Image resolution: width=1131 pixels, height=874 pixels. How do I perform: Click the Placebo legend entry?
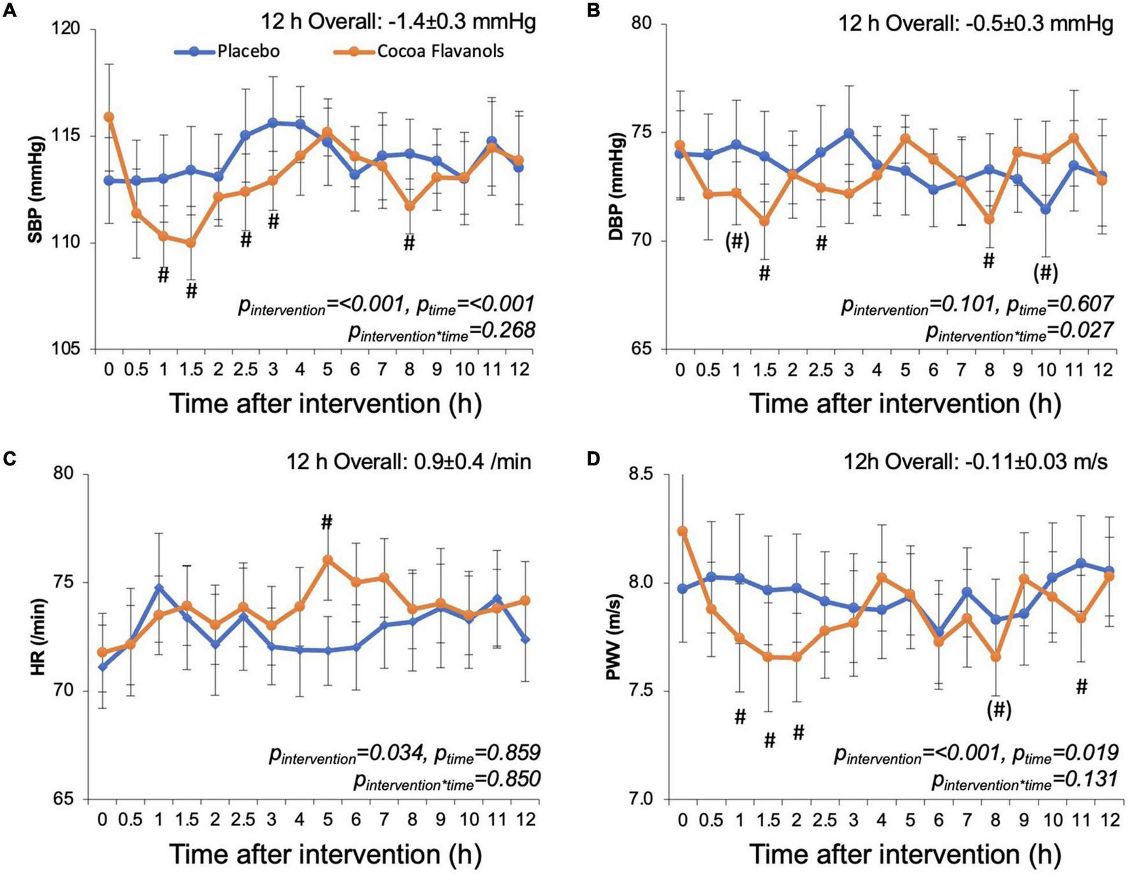248,51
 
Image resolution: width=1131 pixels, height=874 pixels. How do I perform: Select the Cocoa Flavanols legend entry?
440,51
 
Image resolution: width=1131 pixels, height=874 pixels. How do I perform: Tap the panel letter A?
11,11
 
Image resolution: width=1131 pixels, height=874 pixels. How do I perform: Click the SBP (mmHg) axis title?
36,189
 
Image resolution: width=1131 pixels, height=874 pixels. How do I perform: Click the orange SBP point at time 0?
109,117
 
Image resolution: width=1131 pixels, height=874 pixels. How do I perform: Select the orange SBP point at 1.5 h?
191,243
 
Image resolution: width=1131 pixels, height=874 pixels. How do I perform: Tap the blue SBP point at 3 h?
273,123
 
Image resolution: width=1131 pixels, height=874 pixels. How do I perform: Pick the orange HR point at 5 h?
327,560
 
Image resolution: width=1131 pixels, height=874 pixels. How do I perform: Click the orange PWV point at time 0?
682,531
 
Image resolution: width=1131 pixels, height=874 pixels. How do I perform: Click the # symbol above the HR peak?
327,523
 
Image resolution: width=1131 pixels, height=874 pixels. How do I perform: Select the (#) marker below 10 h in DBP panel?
1045,273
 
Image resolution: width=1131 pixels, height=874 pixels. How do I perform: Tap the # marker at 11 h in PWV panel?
1081,686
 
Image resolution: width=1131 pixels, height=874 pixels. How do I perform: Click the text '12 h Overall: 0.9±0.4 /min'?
408,461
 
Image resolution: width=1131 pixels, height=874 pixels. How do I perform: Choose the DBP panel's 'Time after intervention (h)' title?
904,403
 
